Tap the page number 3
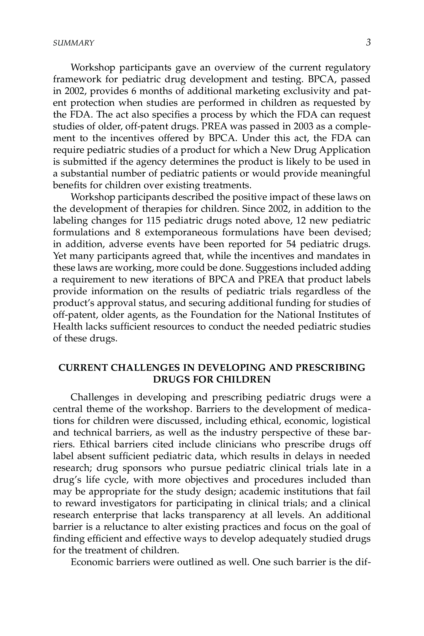pyautogui.click(x=368, y=42)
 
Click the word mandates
pyautogui.click(x=338, y=256)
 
